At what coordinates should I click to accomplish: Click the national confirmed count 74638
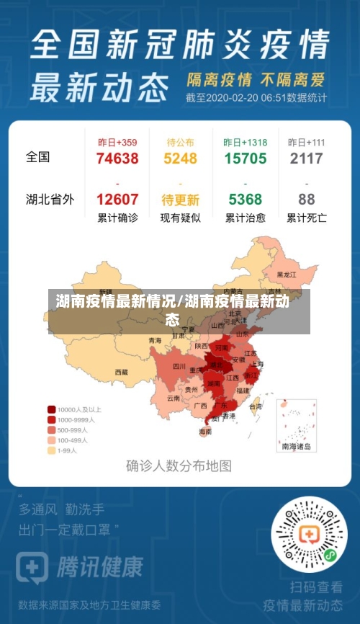pos(117,159)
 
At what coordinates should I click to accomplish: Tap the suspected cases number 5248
pos(181,159)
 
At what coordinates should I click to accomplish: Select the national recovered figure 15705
pos(245,159)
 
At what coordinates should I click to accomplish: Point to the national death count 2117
pos(306,159)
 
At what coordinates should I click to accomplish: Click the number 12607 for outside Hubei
pos(117,200)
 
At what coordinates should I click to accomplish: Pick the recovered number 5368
pos(245,200)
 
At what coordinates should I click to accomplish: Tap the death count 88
pos(306,200)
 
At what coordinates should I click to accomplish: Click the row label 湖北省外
pos(50,200)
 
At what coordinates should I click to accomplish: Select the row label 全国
pos(38,156)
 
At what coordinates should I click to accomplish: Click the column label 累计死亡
pos(306,218)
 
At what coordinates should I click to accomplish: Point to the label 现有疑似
pos(181,218)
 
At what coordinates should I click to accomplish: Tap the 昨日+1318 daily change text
pos(245,143)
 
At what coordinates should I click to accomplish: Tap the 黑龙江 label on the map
pos(287,275)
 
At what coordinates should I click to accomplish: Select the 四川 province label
pos(179,366)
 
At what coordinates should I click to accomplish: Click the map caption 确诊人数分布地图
pos(179,465)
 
